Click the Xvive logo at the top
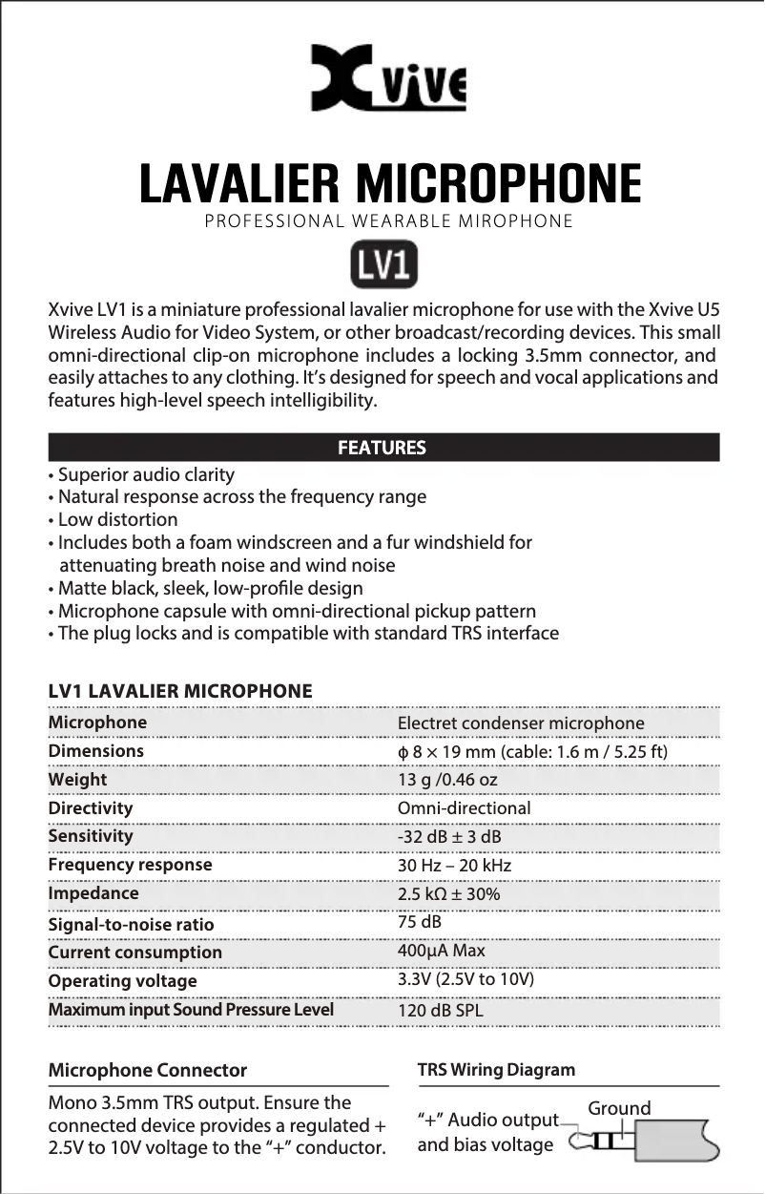(388, 77)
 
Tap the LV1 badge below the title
(382, 266)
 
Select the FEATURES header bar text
(382, 448)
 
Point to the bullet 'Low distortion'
(117, 520)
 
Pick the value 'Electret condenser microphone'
(520, 723)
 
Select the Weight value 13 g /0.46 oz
(446, 781)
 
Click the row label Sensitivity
(91, 836)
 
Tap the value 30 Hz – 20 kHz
(454, 866)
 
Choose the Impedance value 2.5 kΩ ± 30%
(448, 894)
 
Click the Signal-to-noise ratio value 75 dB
(419, 923)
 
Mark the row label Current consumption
(134, 953)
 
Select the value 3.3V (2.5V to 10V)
(465, 980)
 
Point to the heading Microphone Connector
(147, 1070)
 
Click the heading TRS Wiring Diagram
(496, 1070)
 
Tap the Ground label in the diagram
(619, 1109)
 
